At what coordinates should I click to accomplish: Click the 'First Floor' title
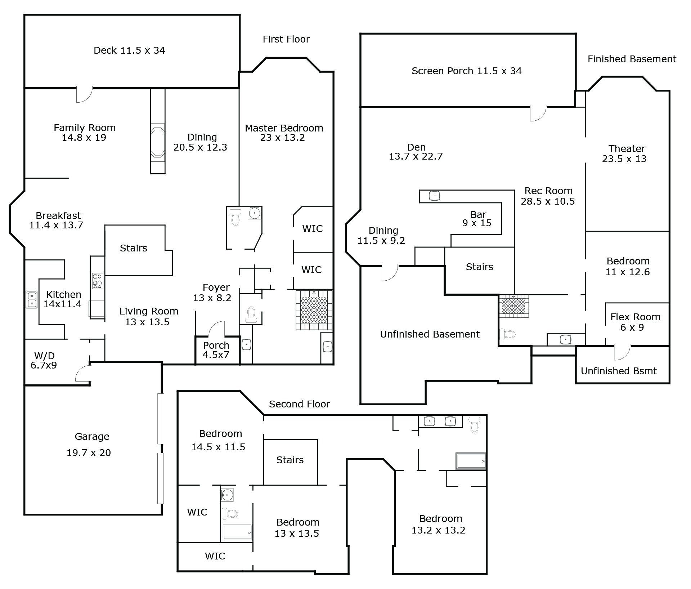(x=286, y=39)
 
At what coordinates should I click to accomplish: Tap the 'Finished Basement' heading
(x=632, y=59)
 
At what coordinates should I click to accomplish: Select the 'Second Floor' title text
(x=299, y=404)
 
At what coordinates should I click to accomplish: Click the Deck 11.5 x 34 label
(x=129, y=50)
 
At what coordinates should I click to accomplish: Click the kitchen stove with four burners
(x=97, y=281)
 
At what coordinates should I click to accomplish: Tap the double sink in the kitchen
(x=31, y=299)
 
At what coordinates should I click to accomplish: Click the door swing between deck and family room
(x=84, y=94)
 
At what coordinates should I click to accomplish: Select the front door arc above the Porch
(x=217, y=329)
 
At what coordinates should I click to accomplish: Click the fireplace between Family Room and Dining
(x=158, y=142)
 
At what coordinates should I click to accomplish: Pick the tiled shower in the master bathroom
(x=314, y=310)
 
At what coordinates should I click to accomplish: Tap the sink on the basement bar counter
(x=435, y=196)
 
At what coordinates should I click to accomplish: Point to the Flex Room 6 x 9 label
(x=635, y=322)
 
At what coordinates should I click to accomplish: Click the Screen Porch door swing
(x=538, y=113)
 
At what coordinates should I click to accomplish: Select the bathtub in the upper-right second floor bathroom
(x=470, y=461)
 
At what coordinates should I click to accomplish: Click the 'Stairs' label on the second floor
(x=290, y=460)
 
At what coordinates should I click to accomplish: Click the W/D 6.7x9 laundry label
(x=44, y=361)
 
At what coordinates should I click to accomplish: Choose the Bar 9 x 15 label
(x=477, y=219)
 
